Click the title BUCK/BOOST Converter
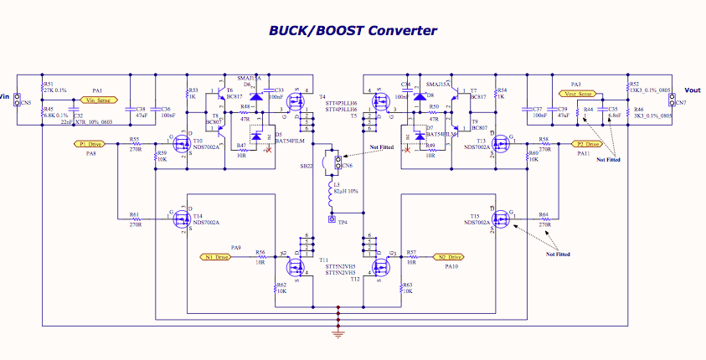pyautogui.click(x=353, y=30)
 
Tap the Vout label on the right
pyautogui.click(x=693, y=90)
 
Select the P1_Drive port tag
pyautogui.click(x=95, y=144)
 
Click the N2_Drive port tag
pyautogui.click(x=447, y=257)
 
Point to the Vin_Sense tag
pyautogui.click(x=99, y=100)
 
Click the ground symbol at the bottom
pyautogui.click(x=338, y=332)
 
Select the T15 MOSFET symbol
pyautogui.click(x=502, y=219)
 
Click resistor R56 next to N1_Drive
pyautogui.click(x=260, y=257)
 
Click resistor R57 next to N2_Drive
pyautogui.click(x=411, y=257)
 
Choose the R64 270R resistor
pyautogui.click(x=544, y=219)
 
